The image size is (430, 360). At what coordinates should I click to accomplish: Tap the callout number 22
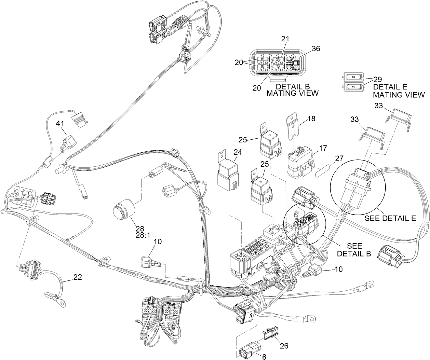click(x=78, y=278)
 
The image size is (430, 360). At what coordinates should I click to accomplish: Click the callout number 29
click(x=378, y=79)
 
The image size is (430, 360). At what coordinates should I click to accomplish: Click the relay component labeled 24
click(x=227, y=175)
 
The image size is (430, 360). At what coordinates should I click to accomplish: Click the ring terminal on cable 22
click(x=63, y=303)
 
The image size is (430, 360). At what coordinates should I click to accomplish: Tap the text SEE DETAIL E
click(x=390, y=218)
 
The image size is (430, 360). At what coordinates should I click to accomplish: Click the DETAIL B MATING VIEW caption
click(x=292, y=89)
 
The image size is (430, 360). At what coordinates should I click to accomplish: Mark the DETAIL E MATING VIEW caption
click(x=399, y=91)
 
